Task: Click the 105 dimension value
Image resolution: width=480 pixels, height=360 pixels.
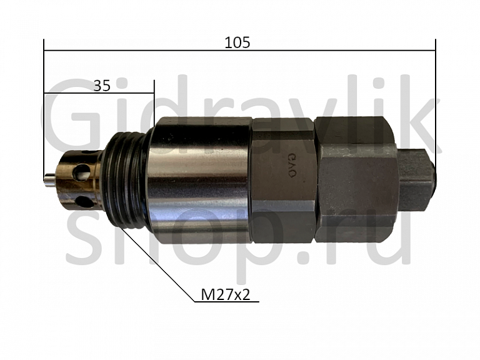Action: point(237,42)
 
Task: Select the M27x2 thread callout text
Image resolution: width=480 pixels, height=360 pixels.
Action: point(226,294)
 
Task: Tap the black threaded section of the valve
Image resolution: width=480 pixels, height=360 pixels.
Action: point(128,181)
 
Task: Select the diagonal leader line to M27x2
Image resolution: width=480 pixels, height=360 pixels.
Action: point(159,262)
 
